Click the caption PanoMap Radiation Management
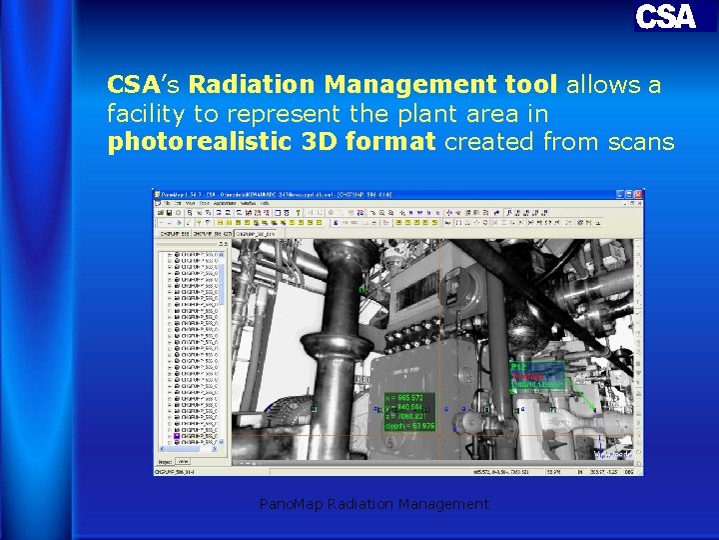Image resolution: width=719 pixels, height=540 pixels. pyautogui.click(x=373, y=504)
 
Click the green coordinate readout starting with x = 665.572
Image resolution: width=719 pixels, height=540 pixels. pyautogui.click(x=409, y=397)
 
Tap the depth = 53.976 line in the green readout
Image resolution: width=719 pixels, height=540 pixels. pyautogui.click(x=409, y=427)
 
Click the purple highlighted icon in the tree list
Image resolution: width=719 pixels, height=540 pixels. pyautogui.click(x=177, y=437)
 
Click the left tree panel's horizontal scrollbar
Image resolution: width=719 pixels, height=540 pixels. pyautogui.click(x=190, y=455)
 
